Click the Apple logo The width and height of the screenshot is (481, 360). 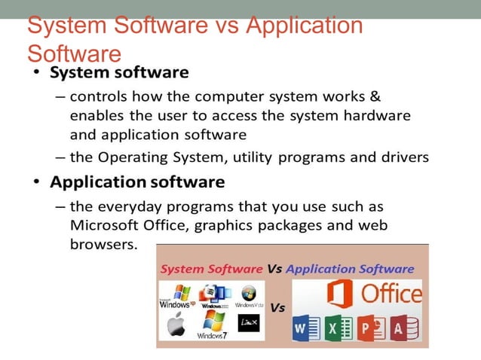coord(175,325)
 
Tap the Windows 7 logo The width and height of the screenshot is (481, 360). coord(213,325)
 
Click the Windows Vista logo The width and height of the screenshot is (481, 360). coord(249,296)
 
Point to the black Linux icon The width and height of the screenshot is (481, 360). coord(248,323)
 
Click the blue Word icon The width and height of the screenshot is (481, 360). coord(302,328)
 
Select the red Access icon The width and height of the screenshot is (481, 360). coord(403,328)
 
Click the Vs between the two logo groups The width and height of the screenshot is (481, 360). coord(277,308)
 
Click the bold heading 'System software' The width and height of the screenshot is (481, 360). coord(119,73)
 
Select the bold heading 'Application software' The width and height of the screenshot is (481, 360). coord(137,182)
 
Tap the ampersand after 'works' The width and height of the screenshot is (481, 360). coord(375,98)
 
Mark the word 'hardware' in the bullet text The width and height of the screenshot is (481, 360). coord(376,117)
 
